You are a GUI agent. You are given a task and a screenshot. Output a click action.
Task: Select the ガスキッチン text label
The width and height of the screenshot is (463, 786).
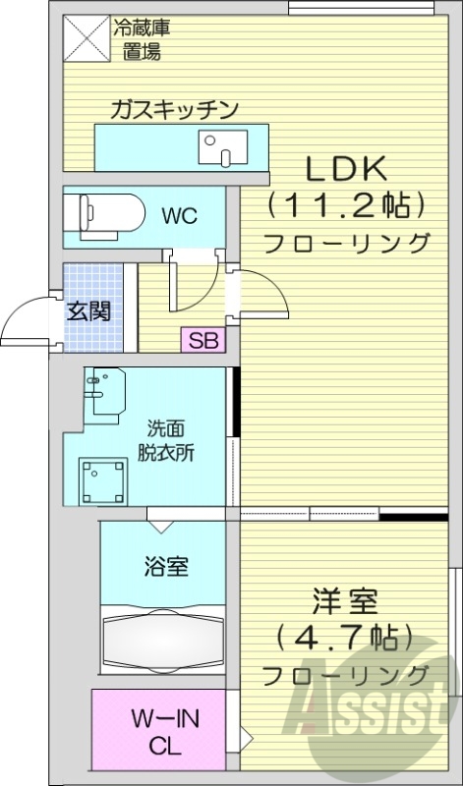(x=175, y=108)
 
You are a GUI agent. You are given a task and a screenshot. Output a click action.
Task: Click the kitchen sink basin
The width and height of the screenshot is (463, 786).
(x=220, y=148)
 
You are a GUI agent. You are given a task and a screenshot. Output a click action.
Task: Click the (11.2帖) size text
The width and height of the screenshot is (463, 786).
(x=348, y=205)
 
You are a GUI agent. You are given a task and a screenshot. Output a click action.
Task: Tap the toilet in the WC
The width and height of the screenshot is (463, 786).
(x=102, y=212)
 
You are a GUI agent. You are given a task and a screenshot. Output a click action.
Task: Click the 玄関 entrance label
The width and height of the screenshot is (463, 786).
(x=87, y=312)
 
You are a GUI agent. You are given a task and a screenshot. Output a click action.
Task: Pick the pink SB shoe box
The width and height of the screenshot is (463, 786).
(x=203, y=342)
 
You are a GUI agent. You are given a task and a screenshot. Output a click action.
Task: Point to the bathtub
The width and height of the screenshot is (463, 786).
(x=162, y=644)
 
